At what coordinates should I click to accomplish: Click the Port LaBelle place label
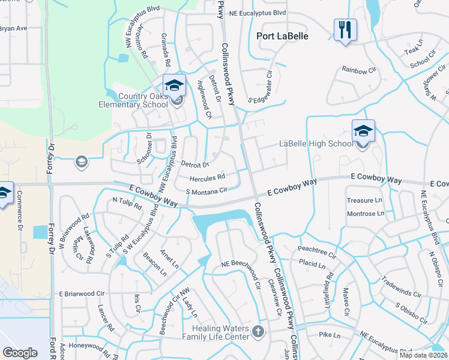282,36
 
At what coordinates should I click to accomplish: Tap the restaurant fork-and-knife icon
345,30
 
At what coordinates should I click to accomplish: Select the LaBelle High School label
316,143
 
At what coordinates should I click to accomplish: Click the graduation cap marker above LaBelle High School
363,131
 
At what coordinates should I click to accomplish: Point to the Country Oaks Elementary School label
135,100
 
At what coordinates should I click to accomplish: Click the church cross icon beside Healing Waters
258,331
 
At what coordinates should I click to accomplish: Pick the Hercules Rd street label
207,178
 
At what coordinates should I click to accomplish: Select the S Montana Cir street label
206,191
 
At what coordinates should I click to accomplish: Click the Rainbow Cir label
358,71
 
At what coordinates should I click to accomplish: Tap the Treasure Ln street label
364,200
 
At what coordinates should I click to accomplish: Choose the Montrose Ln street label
366,214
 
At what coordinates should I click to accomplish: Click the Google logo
20,352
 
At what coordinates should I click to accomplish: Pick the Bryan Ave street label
13,28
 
